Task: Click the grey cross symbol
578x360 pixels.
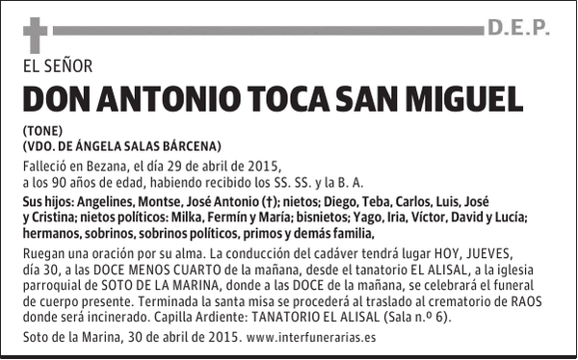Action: coord(36,36)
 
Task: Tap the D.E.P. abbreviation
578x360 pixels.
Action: coord(517,29)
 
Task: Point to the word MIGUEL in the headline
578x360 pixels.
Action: coord(469,99)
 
